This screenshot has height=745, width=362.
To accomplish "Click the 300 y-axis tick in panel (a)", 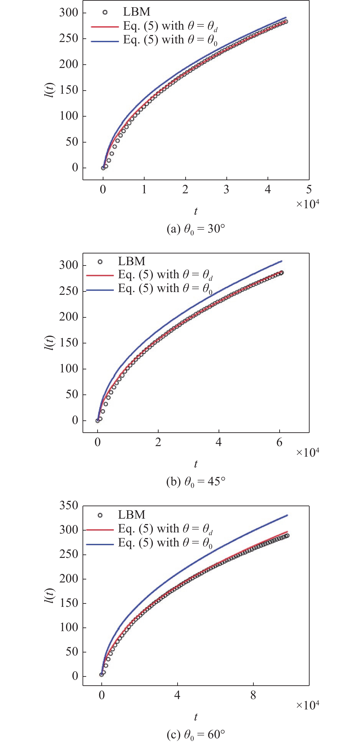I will click(x=69, y=13).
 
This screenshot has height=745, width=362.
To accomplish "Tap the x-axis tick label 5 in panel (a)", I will click(x=309, y=190).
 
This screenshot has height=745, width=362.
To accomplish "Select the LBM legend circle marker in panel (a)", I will click(x=105, y=12).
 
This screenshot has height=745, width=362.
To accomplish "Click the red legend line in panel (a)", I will click(x=105, y=27).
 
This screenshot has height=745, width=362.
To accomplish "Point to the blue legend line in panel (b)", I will click(x=100, y=290).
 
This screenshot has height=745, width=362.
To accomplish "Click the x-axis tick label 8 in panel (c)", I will click(x=253, y=695).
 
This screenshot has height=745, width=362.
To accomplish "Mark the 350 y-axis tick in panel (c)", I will click(x=69, y=506).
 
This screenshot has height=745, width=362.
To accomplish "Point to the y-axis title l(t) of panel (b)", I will click(x=50, y=343).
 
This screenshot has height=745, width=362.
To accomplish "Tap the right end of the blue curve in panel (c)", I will click(x=287, y=515).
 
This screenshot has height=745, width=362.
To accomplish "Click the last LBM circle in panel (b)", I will click(x=281, y=273).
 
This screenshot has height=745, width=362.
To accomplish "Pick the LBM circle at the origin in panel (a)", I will click(x=103, y=168).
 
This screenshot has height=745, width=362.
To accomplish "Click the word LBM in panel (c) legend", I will click(x=131, y=515).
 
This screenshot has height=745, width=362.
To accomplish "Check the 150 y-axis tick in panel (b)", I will click(x=69, y=343).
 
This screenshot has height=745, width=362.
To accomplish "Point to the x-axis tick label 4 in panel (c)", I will click(x=177, y=695).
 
